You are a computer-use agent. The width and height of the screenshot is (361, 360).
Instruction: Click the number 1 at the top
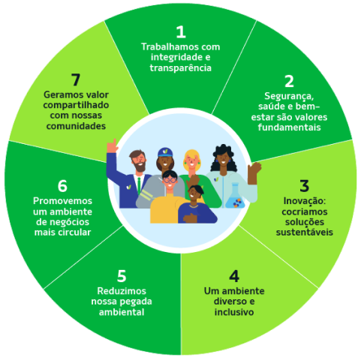coord(181,31)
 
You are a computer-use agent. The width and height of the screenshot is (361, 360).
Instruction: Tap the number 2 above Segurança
coord(289,81)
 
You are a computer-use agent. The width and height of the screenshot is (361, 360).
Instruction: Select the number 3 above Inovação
coord(304,186)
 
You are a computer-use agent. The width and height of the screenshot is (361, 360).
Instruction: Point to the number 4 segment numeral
coord(234,276)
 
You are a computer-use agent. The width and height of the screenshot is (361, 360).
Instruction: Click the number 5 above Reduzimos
coord(122,276)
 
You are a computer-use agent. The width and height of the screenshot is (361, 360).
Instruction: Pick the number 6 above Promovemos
coord(62,186)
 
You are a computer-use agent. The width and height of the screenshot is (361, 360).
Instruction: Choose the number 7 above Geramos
coord(76,79)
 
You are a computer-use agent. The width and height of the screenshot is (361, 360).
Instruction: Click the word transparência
coord(181,68)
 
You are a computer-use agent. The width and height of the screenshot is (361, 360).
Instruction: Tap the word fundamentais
coord(289,127)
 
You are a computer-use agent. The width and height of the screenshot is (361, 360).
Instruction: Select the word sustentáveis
coord(305,232)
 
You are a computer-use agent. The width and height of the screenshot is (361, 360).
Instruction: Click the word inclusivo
coord(234,312)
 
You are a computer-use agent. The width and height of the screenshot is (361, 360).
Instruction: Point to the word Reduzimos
coord(122,291)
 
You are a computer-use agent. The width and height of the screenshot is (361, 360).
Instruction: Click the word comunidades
coord(76,126)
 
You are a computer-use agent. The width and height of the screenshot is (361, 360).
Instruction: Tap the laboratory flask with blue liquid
coord(235,196)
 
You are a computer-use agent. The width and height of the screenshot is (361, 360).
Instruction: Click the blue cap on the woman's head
coord(165,152)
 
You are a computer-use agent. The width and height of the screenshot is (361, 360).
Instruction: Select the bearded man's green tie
coord(139,185)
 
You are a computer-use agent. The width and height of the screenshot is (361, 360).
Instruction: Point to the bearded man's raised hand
coord(112,145)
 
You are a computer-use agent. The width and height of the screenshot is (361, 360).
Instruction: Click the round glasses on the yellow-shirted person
coord(170,179)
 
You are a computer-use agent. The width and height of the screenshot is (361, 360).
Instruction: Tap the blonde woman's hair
coord(192,155)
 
